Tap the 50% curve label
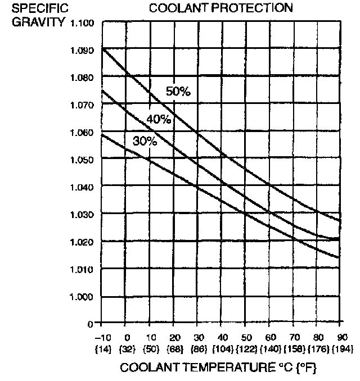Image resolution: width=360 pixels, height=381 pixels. pyautogui.click(x=178, y=92)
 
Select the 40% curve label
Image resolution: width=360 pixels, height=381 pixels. pyautogui.click(x=159, y=119)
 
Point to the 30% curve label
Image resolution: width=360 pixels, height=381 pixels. pyautogui.click(x=145, y=141)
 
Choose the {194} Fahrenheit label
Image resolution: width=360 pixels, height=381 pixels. pyautogui.click(x=341, y=349)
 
